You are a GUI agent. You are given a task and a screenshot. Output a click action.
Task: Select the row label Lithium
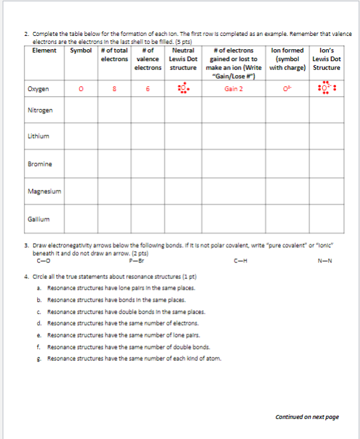click(38, 136)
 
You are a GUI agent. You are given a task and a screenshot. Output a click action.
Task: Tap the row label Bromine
click(39, 163)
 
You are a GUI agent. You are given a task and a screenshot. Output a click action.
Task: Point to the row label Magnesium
click(43, 191)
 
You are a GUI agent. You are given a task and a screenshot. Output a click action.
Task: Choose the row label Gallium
click(37, 219)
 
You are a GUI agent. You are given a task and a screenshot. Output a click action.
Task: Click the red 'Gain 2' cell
click(233, 88)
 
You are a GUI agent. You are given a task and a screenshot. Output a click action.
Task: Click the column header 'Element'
click(44, 50)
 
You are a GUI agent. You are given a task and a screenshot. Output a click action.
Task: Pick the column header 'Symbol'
click(81, 50)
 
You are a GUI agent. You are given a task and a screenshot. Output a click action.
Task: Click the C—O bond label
click(45, 260)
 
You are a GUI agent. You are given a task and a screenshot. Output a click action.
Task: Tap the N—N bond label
click(324, 260)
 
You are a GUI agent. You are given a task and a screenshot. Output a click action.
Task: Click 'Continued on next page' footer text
click(307, 416)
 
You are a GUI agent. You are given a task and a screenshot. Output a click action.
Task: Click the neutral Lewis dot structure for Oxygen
click(183, 88)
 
